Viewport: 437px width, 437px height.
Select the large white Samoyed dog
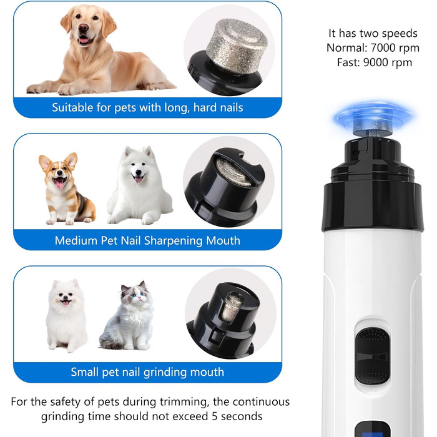coord(139,187)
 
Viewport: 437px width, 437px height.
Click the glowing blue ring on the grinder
coord(371,114)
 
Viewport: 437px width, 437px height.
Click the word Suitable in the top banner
coord(72,107)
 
